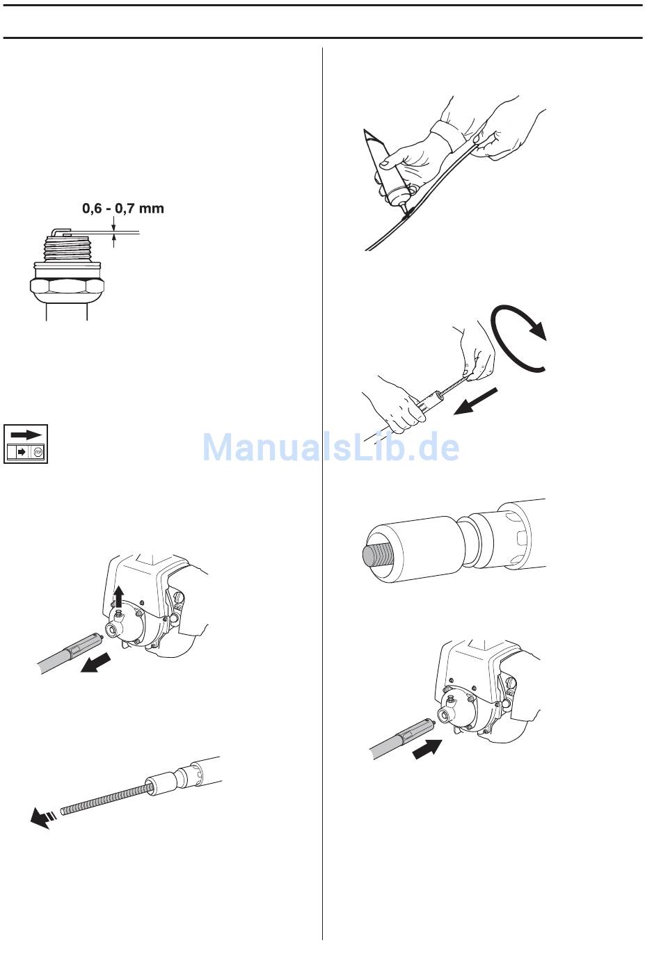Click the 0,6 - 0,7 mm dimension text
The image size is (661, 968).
pyautogui.click(x=123, y=209)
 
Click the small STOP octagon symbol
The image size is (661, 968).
pyautogui.click(x=38, y=453)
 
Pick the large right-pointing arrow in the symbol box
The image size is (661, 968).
pyautogui.click(x=26, y=434)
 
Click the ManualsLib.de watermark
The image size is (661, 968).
pyautogui.click(x=330, y=447)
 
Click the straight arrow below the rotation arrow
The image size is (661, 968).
pyautogui.click(x=475, y=401)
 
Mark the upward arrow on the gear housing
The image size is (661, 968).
pyautogui.click(x=119, y=599)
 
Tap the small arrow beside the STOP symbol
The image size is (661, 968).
pyautogui.click(x=21, y=453)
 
